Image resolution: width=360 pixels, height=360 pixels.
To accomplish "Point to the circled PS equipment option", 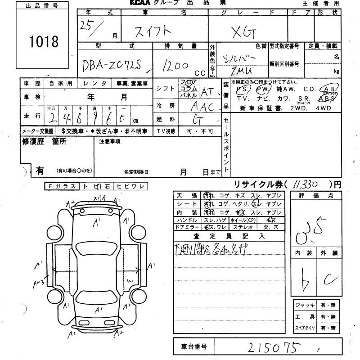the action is (242, 89).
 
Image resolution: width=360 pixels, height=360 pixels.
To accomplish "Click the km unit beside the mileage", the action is (135, 121).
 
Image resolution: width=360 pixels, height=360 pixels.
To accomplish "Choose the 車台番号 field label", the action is (194, 346).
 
